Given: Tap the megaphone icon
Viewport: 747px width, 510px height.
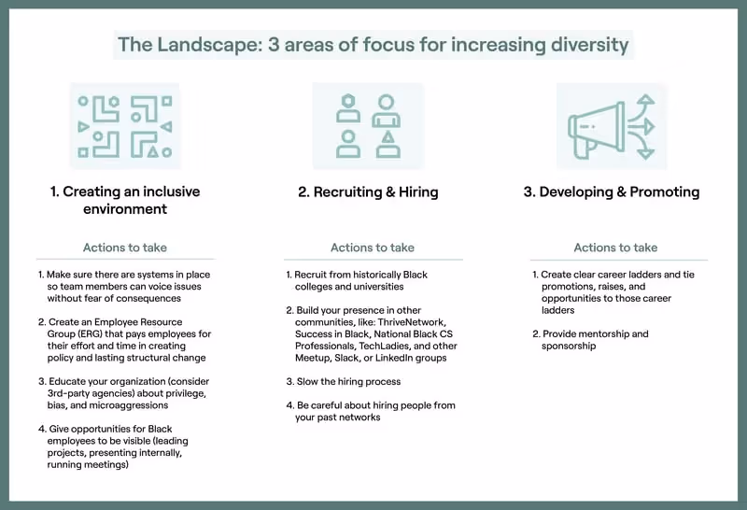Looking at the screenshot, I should tap(612, 126).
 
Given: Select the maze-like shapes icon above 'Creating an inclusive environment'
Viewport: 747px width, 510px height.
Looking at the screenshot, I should tap(125, 126).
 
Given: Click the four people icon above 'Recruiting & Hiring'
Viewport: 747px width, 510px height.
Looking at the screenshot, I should tap(368, 126).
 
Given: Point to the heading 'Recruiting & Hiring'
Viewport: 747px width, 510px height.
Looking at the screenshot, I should tap(368, 192).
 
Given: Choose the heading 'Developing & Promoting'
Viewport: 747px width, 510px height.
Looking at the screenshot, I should tap(611, 192).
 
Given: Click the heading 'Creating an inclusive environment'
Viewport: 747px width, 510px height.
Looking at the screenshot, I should tap(125, 200).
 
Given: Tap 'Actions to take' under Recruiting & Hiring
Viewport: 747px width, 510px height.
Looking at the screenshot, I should tap(373, 248).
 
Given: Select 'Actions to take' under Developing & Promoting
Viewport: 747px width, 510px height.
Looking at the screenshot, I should tap(615, 248).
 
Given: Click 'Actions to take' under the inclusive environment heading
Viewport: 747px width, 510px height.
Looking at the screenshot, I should tap(125, 248).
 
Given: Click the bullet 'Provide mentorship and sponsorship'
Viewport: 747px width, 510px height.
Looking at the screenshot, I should tap(594, 339).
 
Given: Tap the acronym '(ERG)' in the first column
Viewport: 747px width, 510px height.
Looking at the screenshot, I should tap(63, 333).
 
